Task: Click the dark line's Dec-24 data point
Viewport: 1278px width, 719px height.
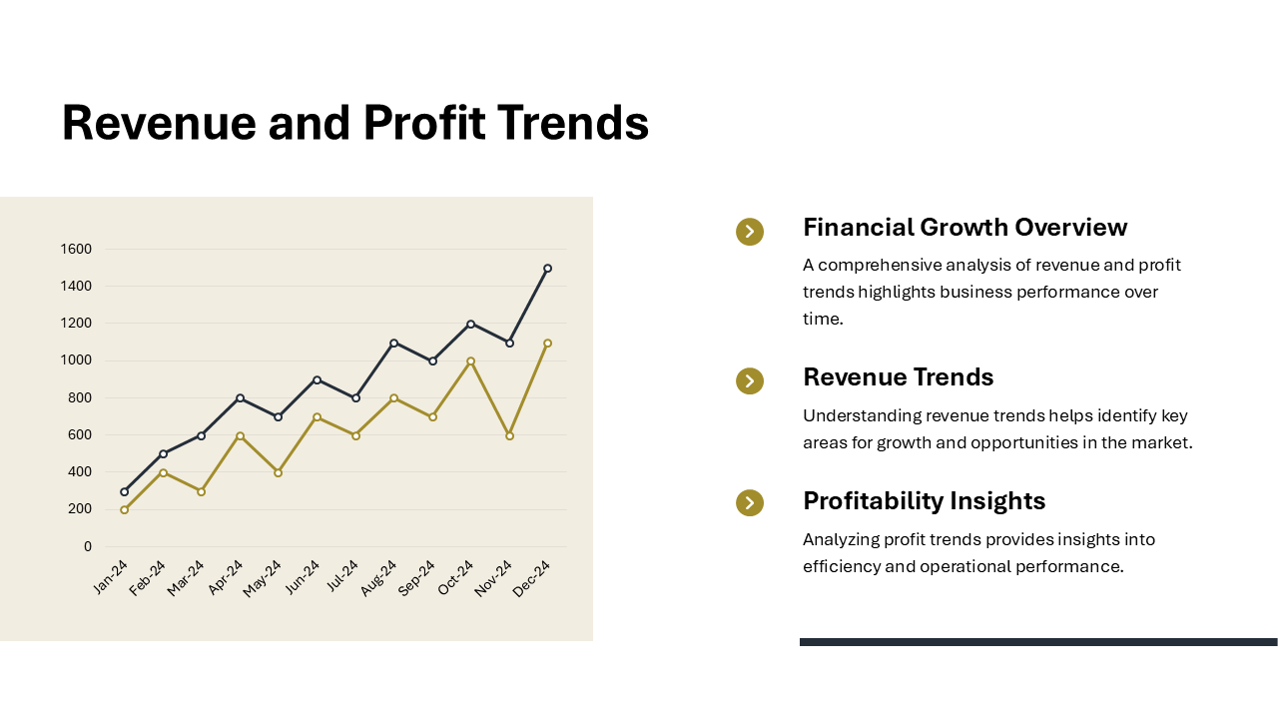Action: click(x=547, y=269)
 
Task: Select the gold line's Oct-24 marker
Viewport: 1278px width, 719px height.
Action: click(x=470, y=361)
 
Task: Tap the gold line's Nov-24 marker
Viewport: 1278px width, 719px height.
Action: click(x=509, y=435)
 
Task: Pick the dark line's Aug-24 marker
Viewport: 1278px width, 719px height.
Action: click(x=393, y=343)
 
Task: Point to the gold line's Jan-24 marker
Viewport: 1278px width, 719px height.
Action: click(x=124, y=509)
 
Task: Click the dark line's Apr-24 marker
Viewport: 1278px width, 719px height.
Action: click(x=240, y=398)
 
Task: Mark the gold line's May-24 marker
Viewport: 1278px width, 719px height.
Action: click(x=278, y=472)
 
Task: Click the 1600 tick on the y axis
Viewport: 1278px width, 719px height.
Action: click(x=76, y=249)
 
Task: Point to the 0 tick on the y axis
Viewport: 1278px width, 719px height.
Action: click(x=88, y=546)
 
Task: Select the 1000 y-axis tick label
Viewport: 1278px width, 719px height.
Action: click(x=76, y=360)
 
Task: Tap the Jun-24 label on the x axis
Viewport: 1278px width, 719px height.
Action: click(x=303, y=576)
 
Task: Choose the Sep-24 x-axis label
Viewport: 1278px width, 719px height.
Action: click(x=416, y=577)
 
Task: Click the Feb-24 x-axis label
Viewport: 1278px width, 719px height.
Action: click(x=148, y=577)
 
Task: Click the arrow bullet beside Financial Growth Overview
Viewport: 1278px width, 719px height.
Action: click(x=750, y=232)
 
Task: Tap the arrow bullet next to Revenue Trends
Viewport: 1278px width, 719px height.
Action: click(x=750, y=381)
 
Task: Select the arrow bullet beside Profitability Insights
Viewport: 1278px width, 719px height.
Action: click(x=750, y=503)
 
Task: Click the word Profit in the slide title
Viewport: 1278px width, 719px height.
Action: click(x=424, y=123)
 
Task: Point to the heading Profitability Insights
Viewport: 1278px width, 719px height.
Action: click(x=924, y=500)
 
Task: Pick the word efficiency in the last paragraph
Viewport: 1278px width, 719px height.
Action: click(x=842, y=566)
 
